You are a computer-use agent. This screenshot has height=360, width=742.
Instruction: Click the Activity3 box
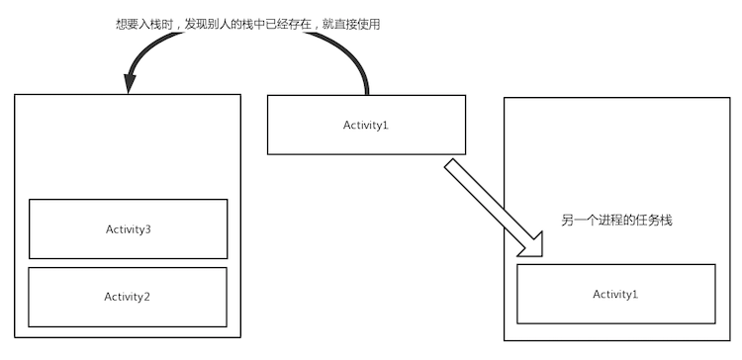[x=128, y=228]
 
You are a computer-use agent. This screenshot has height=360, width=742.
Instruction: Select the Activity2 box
[x=128, y=296]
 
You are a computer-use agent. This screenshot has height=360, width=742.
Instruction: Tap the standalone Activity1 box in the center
[x=366, y=124]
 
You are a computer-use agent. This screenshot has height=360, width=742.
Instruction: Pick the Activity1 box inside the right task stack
[x=615, y=294]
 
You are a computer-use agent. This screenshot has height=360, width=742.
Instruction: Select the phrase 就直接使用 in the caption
[x=351, y=24]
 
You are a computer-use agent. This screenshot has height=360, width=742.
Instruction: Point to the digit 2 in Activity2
[x=147, y=297]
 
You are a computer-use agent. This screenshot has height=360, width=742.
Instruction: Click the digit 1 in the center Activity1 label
[x=386, y=125]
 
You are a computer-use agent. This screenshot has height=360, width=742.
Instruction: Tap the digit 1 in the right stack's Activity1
[x=635, y=295]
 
